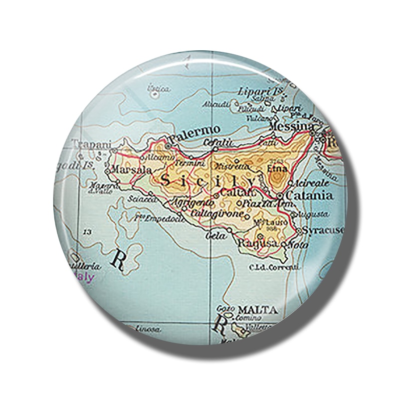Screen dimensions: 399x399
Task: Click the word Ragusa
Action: pos(258,243)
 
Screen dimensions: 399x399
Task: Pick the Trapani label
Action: pos(90,144)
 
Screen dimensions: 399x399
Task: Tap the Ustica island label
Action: pos(159,89)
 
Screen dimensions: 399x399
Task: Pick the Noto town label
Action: pos(298,245)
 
